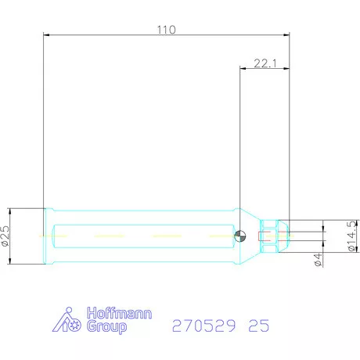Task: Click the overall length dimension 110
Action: click(x=166, y=29)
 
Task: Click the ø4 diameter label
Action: click(x=319, y=258)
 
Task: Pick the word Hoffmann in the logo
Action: click(x=119, y=314)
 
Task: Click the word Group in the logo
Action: click(x=105, y=328)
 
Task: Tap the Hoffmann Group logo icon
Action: click(x=68, y=321)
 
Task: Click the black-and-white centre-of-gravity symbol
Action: click(x=242, y=236)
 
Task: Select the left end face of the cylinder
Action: click(x=43, y=236)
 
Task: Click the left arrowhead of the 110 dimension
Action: click(x=46, y=35)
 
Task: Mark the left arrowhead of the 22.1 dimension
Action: click(x=241, y=69)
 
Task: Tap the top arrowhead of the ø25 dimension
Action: click(x=11, y=211)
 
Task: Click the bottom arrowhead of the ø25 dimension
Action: click(x=11, y=260)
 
